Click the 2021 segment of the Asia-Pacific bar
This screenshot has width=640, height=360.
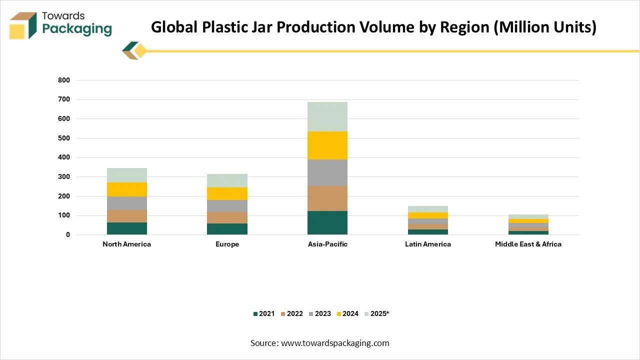tap(327, 223)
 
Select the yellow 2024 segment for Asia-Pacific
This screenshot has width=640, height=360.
tap(327, 145)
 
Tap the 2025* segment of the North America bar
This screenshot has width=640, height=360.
tap(126, 175)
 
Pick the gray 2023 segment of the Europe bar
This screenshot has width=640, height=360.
tap(227, 206)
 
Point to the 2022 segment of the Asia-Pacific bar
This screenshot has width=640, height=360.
tap(327, 198)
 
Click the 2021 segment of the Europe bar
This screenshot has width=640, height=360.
tap(227, 229)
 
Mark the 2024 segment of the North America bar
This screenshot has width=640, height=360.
tap(126, 189)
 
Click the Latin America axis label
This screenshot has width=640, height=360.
tap(427, 244)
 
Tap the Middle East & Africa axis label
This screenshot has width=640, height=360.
tap(528, 244)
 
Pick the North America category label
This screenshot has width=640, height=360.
tap(126, 244)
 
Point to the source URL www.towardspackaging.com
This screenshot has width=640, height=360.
tap(335, 343)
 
